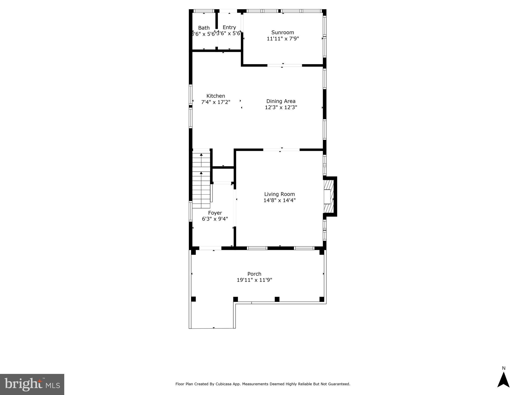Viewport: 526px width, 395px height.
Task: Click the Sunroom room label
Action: pos(282,32)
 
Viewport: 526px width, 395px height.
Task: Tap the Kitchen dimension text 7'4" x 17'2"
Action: pos(216,102)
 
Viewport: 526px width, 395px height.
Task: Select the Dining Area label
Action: pos(281,101)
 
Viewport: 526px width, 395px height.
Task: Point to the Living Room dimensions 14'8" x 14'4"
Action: pos(279,200)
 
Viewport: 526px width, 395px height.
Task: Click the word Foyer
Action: pos(215,213)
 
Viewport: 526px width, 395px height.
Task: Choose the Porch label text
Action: pos(254,274)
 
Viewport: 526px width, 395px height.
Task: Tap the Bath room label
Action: pos(204,28)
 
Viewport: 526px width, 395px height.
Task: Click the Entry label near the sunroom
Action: pos(229,27)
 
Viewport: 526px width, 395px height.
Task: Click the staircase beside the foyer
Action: pos(201,180)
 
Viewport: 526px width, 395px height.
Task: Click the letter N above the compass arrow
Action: pos(503,368)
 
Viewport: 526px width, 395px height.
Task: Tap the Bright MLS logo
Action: pos(32,384)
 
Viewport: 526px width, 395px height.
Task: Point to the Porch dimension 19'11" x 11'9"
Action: pos(254,280)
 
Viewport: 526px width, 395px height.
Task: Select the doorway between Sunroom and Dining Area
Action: pos(284,65)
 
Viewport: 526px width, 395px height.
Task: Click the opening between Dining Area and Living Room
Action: pos(281,150)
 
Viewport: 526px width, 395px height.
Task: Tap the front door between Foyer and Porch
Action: pos(210,248)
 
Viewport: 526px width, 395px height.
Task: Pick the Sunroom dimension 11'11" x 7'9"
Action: pos(283,39)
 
